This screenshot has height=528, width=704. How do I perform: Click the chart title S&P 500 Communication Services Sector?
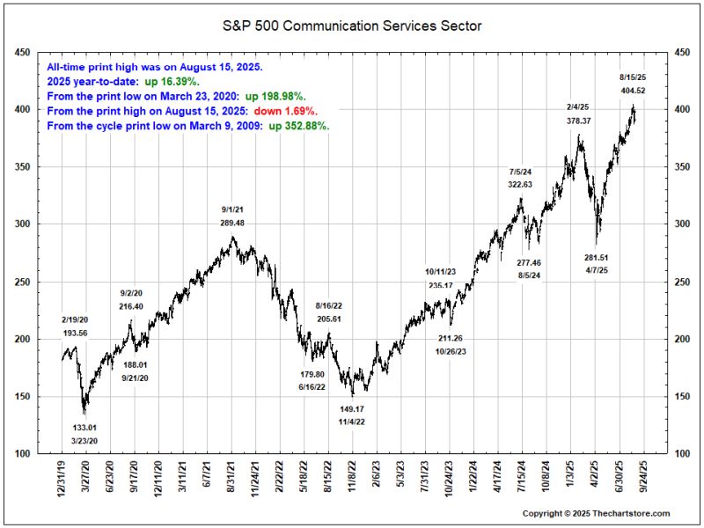[x=352, y=26]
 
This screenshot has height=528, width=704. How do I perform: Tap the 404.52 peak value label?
[x=633, y=91]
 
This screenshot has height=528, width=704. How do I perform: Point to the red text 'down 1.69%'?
[x=286, y=112]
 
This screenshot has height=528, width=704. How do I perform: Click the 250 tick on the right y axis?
[x=681, y=282]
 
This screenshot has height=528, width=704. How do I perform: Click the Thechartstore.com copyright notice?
[x=596, y=513]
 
